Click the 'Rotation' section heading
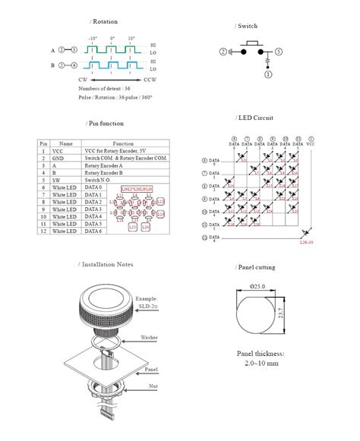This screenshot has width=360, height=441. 103,22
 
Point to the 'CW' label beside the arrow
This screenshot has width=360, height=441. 83,79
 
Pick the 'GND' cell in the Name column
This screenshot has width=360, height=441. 66,158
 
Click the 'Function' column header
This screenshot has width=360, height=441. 123,143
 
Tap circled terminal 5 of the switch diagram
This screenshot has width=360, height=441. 279,52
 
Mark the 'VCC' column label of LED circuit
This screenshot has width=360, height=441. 309,143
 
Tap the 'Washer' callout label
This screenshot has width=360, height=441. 149,337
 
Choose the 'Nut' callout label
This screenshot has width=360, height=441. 153,386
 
